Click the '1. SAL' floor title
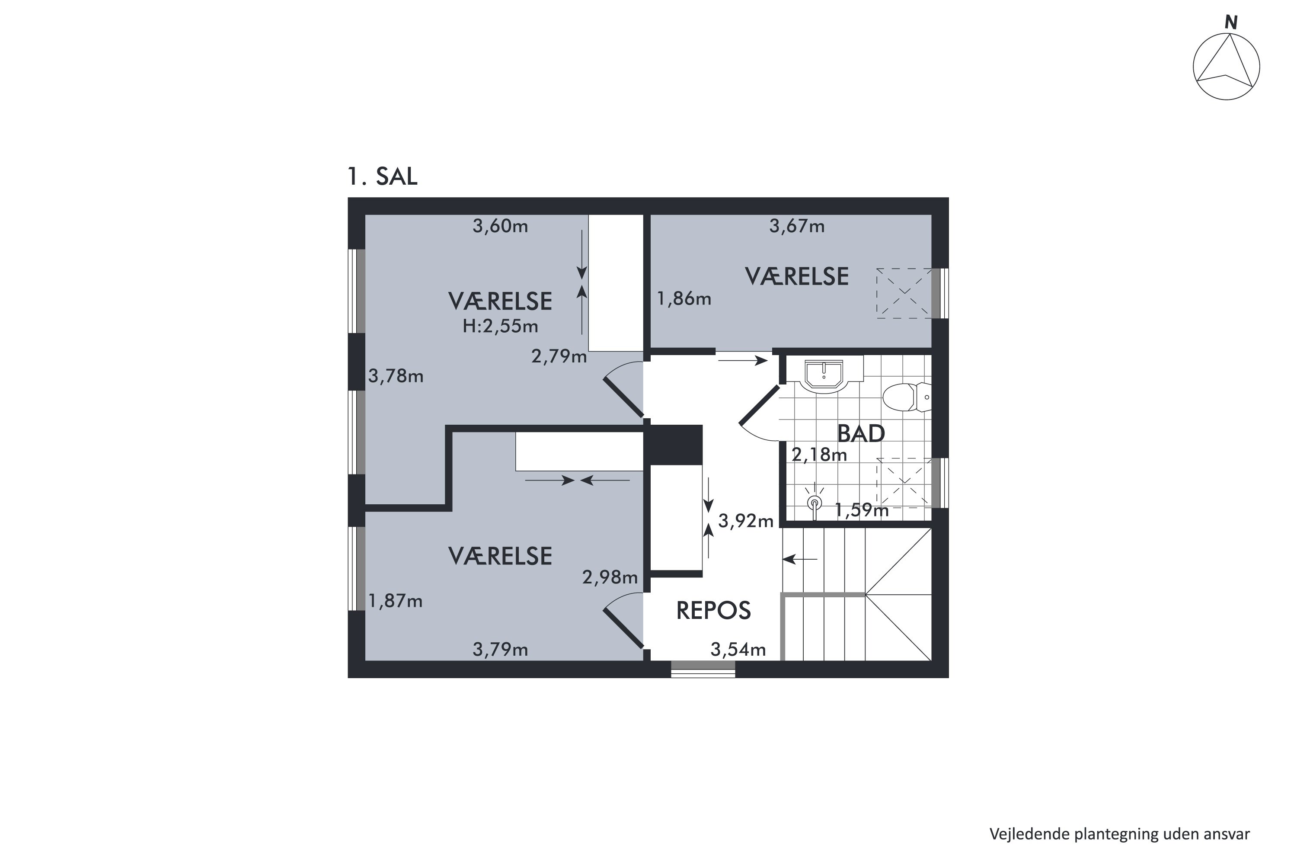[x=382, y=176]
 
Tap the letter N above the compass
[x=1231, y=22]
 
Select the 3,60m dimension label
[x=500, y=226]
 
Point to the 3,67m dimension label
[x=797, y=226]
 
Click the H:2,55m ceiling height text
[x=500, y=327]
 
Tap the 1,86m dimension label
[x=684, y=299]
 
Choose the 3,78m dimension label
[x=396, y=376]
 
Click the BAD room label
[x=861, y=434]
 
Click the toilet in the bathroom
[x=907, y=397]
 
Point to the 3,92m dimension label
[x=745, y=521]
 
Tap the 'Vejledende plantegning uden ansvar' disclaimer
[x=1119, y=834]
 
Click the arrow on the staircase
[x=799, y=559]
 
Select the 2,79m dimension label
[x=559, y=357]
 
